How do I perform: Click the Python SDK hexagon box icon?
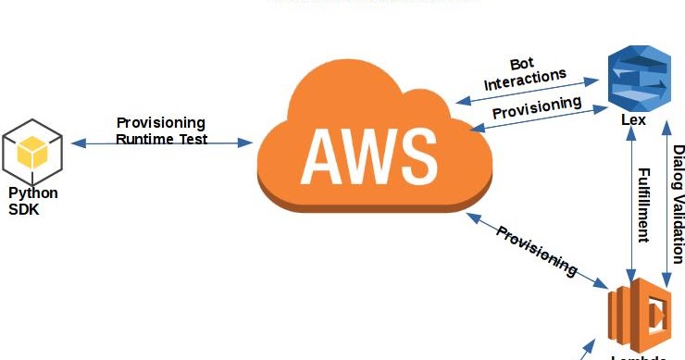click(33, 153)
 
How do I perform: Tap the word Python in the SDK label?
click(33, 193)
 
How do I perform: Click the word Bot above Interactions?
click(522, 64)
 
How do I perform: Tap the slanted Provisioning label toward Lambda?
click(537, 251)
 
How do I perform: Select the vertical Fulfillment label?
click(643, 204)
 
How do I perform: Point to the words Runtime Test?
click(161, 139)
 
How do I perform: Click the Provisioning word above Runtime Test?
click(161, 123)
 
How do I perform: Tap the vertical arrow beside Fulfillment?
click(630, 204)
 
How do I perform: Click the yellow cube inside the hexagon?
click(33, 149)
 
